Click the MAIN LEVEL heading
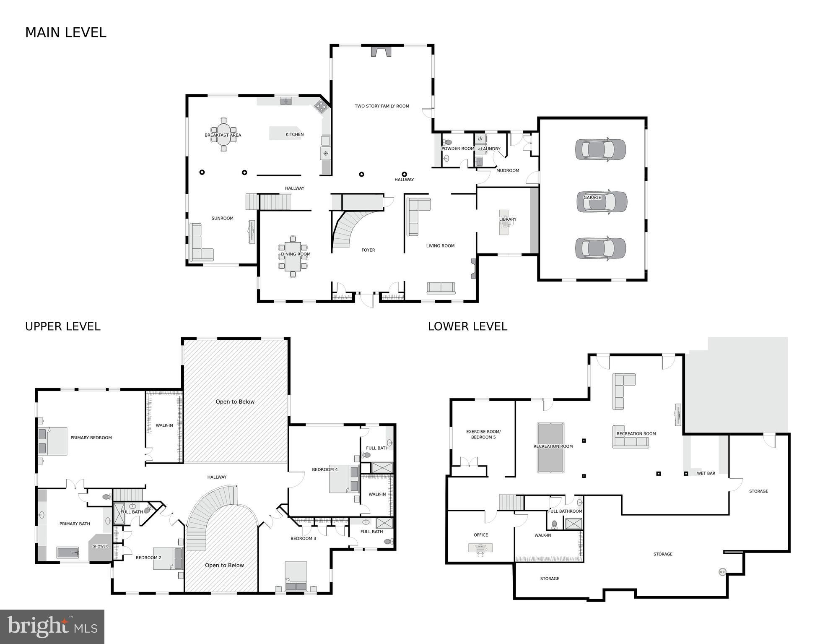click(66, 32)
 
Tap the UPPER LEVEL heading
click(63, 326)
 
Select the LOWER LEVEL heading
click(467, 326)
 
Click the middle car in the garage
click(602, 202)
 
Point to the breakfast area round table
click(223, 135)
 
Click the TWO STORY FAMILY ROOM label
click(381, 106)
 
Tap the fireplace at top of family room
click(381, 51)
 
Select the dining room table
click(293, 256)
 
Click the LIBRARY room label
click(508, 219)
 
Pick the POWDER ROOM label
click(457, 149)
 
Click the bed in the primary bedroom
click(53, 441)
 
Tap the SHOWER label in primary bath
click(100, 546)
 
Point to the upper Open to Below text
click(235, 402)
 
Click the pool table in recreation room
click(550, 448)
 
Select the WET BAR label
click(706, 473)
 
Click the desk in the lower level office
click(480, 548)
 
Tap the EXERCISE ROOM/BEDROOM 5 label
click(483, 434)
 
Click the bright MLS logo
click(52, 626)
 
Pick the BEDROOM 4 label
click(324, 469)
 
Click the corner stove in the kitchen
click(321, 107)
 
